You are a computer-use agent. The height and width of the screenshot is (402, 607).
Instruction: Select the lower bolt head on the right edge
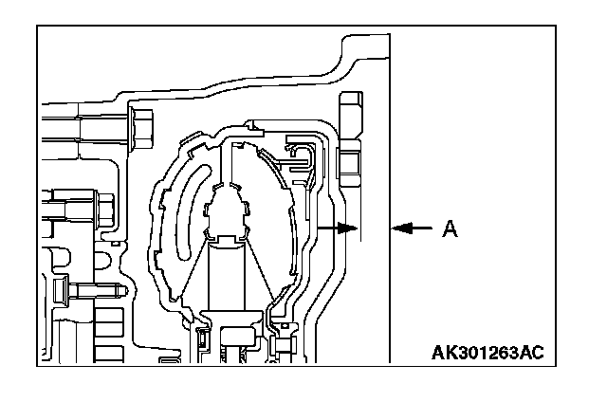pyautogui.click(x=346, y=169)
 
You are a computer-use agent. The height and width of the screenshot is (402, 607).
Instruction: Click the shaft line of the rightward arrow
pyautogui.click(x=332, y=228)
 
